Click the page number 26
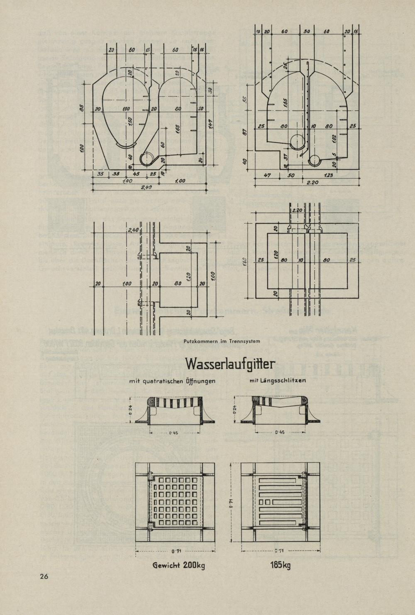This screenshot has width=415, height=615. (44, 576)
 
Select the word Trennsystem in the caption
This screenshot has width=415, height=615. (245, 342)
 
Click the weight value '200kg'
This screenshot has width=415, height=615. (194, 566)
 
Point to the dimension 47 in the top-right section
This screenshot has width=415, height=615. (267, 175)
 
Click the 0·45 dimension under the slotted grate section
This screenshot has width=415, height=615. (280, 432)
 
